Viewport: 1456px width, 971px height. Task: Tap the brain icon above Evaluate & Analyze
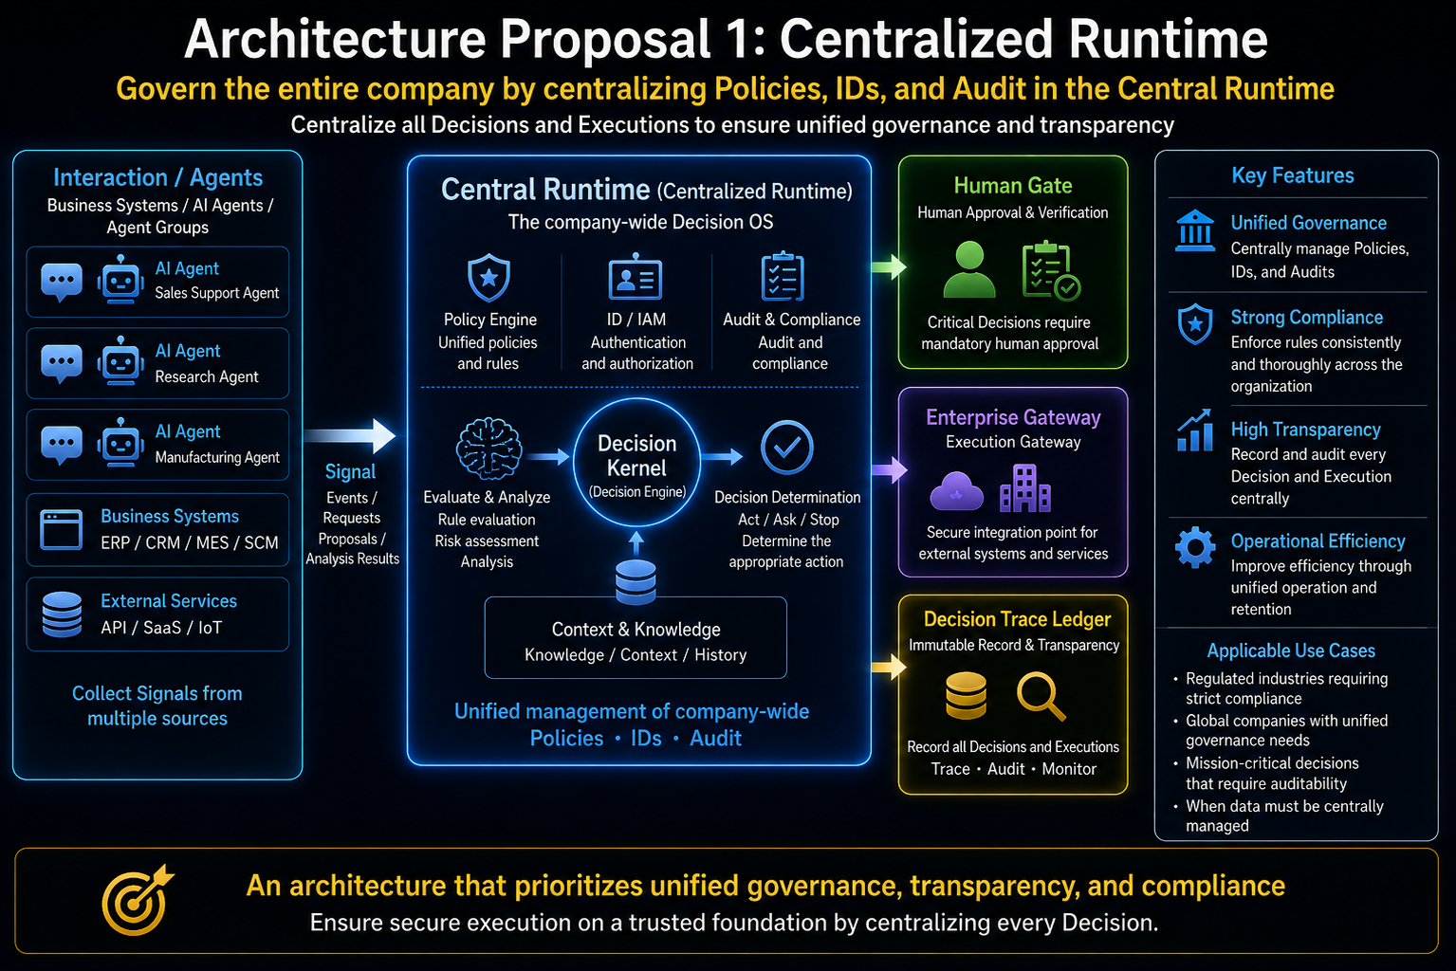coord(488,449)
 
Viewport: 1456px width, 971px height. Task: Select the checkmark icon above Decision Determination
coord(786,448)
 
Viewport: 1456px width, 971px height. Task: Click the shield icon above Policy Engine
coord(488,278)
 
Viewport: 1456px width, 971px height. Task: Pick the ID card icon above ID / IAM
coord(636,277)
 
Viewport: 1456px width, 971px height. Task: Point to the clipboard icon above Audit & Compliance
coord(783,276)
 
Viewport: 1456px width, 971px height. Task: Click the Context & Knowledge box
coord(636,637)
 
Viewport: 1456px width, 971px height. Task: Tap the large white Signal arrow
coord(350,435)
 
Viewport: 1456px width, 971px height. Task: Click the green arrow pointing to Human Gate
coord(889,266)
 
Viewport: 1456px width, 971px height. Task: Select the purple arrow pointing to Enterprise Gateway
coord(889,469)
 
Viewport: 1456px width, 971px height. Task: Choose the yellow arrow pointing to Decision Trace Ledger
coord(889,667)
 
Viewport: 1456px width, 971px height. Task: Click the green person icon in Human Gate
coord(969,269)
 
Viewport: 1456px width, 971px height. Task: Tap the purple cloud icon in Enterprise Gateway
coord(956,490)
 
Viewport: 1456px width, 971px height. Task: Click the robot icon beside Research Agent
coord(120,360)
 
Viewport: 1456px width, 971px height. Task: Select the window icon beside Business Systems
coord(61,530)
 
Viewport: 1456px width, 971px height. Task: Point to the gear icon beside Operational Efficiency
coord(1195,548)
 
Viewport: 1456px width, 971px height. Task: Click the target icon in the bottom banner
coord(138,900)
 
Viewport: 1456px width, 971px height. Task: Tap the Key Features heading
coord(1292,175)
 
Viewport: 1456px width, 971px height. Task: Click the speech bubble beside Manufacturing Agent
coord(61,446)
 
